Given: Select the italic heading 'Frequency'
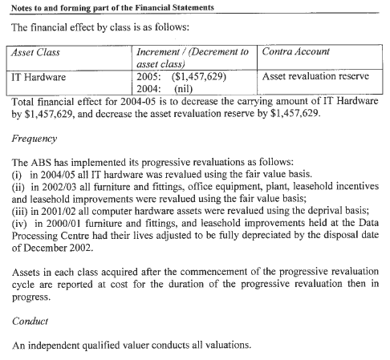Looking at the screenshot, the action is point(34,139).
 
